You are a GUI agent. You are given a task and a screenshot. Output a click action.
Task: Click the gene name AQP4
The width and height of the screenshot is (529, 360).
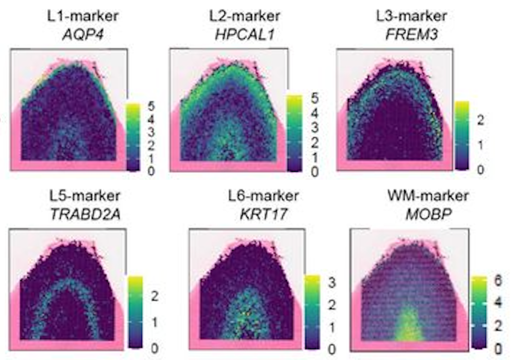[x=83, y=35]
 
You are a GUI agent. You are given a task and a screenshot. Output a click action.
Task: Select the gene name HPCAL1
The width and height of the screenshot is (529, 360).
[x=244, y=35]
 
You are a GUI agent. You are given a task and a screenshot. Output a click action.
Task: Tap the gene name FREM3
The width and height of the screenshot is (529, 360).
[x=411, y=35]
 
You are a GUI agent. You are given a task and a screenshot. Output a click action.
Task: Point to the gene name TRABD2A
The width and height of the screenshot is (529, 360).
[x=85, y=214]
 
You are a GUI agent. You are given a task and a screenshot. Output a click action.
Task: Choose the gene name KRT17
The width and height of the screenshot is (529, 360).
[x=263, y=214]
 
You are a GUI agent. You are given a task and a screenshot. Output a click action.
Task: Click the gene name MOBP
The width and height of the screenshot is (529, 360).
[x=428, y=214]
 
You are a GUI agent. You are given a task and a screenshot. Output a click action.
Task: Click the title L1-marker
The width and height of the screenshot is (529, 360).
[x=83, y=16]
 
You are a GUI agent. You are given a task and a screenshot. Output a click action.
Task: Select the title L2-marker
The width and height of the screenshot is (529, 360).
[x=244, y=16]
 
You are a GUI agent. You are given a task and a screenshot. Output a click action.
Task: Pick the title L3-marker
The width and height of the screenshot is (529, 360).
[x=411, y=16]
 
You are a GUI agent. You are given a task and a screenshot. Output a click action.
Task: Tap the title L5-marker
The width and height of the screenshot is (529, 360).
[x=85, y=196]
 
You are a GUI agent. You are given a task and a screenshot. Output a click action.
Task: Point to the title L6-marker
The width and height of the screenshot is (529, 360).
[x=263, y=196]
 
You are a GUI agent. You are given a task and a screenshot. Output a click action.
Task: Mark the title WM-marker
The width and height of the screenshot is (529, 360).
[x=428, y=196]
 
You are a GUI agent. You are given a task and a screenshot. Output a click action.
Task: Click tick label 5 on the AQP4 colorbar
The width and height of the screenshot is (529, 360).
[x=151, y=106]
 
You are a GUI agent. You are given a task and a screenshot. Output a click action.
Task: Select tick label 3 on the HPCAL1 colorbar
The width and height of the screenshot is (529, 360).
[x=315, y=128]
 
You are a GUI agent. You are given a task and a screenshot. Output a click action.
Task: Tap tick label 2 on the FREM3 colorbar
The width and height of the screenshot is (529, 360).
[x=480, y=120]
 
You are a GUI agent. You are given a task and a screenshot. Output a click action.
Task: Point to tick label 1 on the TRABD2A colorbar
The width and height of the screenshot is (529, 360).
[x=154, y=322]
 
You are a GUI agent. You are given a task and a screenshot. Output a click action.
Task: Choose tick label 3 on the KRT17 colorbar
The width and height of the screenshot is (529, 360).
[x=332, y=283]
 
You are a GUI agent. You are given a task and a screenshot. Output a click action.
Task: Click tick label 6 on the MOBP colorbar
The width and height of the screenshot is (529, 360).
[x=498, y=281]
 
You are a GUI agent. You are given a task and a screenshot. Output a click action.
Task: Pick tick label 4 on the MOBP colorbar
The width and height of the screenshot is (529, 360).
[x=498, y=302]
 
